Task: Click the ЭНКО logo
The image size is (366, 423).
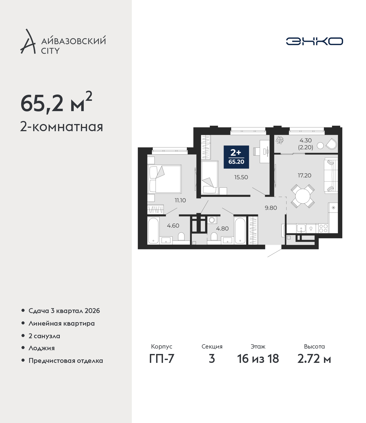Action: point(314,41)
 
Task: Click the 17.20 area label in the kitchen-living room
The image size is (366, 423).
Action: point(304,175)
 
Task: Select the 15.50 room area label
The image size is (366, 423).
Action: point(241,177)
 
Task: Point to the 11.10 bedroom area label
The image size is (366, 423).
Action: point(180,200)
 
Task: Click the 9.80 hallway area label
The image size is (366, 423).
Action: point(271,208)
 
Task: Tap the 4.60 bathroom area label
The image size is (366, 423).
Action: point(173,226)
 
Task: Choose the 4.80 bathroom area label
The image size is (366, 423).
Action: point(222,229)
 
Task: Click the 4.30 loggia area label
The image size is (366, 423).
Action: point(305,140)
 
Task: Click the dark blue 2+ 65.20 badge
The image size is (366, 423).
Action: point(236,157)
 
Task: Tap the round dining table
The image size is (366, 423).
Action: point(303,196)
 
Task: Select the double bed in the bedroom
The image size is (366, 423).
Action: point(164,179)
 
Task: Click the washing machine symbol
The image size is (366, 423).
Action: point(212,220)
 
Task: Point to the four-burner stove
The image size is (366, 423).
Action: point(323,228)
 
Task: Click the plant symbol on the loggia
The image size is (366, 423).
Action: point(280,140)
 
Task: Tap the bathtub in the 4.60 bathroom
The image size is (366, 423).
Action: point(153,231)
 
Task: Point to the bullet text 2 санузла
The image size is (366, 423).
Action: point(44,336)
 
